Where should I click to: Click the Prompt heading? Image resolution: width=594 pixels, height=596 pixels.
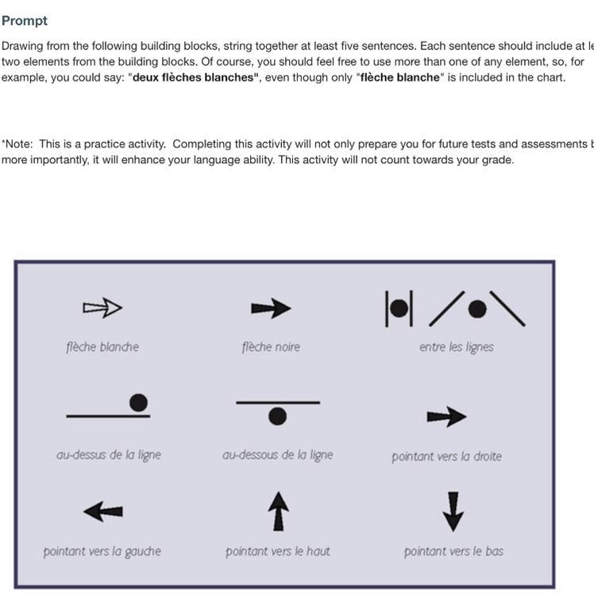25,21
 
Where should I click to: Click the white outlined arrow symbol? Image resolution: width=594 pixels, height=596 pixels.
102,308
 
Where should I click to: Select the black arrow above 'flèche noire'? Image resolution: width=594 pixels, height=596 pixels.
271,308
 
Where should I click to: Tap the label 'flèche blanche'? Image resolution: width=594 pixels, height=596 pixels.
102,346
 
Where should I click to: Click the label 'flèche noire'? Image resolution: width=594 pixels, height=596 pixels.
271,346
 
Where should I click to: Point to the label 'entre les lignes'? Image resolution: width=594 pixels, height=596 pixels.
456,346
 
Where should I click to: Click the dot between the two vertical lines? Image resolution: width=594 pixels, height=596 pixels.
399,308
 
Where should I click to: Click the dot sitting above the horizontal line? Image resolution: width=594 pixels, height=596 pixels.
138,403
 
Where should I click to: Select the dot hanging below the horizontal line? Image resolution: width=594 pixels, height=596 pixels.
277,416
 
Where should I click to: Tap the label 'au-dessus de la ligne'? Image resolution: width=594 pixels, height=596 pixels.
109,455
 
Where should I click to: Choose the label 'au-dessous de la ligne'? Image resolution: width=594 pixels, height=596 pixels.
277,455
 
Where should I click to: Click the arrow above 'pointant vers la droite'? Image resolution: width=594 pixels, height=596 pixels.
446,416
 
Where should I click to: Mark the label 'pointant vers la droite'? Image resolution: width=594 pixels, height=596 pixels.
446,457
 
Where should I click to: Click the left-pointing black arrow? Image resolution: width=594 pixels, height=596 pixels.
103,512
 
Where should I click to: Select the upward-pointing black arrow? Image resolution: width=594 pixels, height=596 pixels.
277,510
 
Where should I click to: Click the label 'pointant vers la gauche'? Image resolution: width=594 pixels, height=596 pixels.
102,551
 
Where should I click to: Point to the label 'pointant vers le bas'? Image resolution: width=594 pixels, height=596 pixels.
453,551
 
